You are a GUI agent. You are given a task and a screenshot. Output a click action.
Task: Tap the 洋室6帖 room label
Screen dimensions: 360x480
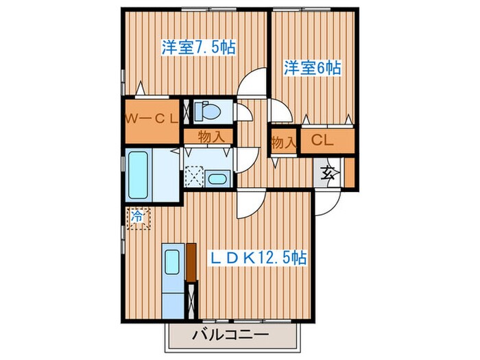pos(313,68)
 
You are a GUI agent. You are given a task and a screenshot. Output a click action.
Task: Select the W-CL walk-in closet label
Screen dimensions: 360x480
pos(151,118)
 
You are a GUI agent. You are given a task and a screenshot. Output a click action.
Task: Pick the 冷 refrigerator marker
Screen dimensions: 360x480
pos(136,217)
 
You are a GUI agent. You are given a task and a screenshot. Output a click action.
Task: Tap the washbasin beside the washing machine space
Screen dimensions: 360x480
pos(217,178)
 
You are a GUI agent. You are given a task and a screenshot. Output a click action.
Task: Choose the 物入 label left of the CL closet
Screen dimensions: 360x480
pos(283,143)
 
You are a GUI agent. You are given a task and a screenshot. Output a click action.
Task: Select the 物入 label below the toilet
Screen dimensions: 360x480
pos(211,136)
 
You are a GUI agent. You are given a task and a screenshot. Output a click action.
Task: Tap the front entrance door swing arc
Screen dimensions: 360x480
pos(328,202)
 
